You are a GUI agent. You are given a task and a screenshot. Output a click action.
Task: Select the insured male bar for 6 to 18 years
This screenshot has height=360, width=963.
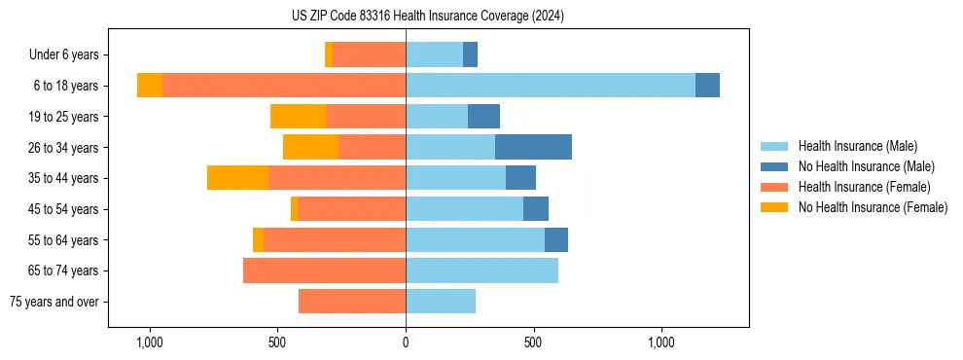point(550,86)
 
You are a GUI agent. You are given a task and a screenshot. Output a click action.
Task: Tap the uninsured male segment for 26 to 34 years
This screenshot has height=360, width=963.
point(533,147)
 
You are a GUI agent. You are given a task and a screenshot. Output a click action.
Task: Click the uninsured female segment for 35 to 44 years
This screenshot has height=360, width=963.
point(237,178)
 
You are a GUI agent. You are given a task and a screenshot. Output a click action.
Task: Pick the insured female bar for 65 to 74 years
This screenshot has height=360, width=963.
point(324,270)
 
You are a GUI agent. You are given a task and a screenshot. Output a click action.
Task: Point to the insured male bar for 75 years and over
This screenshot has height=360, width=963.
point(441,302)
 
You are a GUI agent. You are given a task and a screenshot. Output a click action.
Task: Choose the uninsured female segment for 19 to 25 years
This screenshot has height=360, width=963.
point(298,117)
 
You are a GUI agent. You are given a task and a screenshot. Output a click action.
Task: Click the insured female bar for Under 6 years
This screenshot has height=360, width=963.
point(369,55)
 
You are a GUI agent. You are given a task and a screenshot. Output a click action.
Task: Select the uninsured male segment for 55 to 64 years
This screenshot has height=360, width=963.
point(556,239)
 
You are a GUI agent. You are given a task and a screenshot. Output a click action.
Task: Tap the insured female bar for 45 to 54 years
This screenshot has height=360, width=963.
point(351,209)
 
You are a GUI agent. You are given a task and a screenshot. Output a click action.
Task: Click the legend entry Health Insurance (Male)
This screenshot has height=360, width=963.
point(857,146)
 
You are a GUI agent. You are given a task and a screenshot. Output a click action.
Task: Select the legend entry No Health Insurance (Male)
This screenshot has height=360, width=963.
point(865,166)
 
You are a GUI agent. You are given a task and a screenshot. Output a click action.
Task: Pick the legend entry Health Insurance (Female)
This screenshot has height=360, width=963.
point(864,187)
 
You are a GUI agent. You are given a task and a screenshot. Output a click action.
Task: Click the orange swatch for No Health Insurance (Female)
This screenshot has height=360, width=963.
point(774,207)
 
